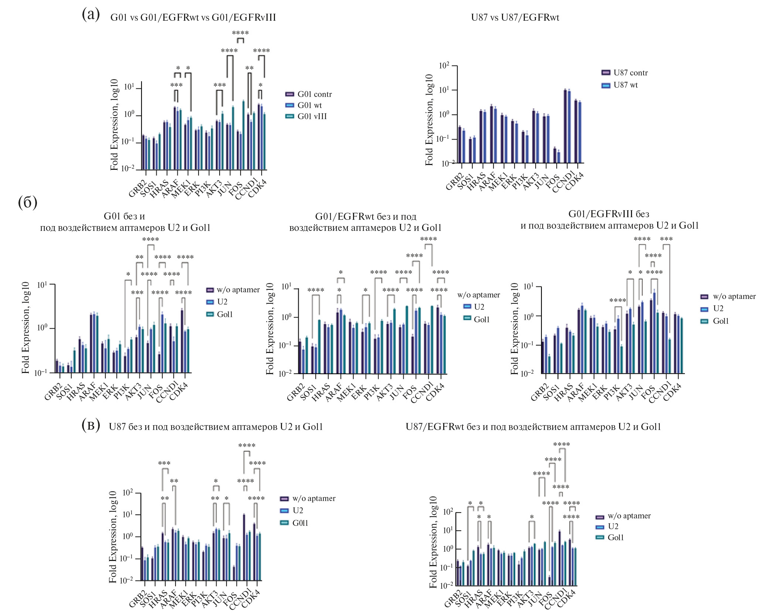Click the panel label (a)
click(x=91, y=16)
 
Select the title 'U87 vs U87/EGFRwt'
click(x=515, y=18)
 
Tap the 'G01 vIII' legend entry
click(x=312, y=117)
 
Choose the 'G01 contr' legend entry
click(x=315, y=94)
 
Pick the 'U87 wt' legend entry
click(x=625, y=85)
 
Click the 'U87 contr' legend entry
click(x=631, y=73)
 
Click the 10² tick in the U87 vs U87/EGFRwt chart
click(x=444, y=66)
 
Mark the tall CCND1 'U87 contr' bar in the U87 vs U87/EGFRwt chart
click(x=565, y=126)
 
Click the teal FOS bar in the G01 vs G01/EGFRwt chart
click(x=244, y=135)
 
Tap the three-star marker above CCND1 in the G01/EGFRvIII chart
click(x=666, y=239)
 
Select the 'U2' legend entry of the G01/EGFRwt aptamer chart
click(x=479, y=307)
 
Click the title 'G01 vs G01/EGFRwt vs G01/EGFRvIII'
click(x=193, y=18)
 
